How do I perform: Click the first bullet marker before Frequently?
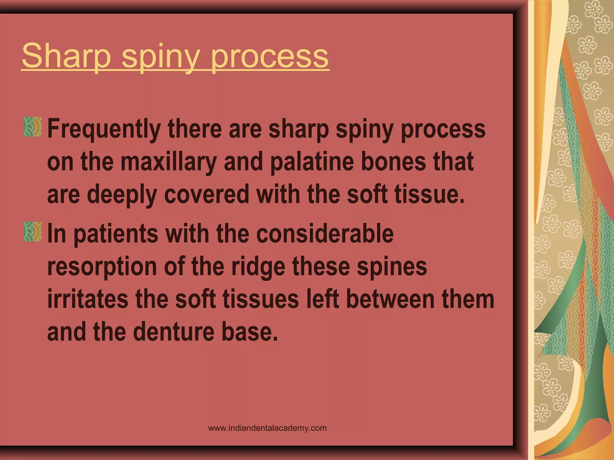32,127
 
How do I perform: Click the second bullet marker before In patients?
32,231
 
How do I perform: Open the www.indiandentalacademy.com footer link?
267,428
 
